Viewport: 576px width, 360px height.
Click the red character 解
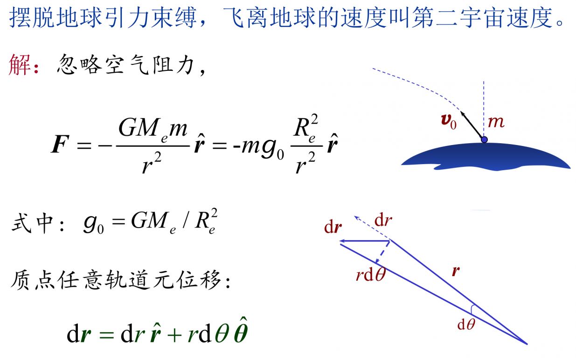click(20, 65)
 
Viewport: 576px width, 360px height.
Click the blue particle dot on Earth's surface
click(484, 139)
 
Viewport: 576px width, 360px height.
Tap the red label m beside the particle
click(496, 122)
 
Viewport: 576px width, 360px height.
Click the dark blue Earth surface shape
click(486, 157)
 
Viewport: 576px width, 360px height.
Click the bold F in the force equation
click(60, 144)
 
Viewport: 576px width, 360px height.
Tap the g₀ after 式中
click(93, 224)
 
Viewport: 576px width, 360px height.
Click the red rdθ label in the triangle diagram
click(371, 274)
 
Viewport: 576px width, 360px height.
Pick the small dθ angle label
click(466, 325)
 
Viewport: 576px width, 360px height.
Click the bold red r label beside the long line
click(456, 271)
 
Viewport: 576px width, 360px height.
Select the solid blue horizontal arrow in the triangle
click(365, 241)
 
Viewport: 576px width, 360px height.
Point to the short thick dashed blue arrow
click(382, 252)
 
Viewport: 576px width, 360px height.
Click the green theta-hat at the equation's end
click(241, 331)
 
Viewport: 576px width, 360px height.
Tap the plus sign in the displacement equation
click(174, 335)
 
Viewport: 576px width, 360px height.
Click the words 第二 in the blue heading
click(435, 17)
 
